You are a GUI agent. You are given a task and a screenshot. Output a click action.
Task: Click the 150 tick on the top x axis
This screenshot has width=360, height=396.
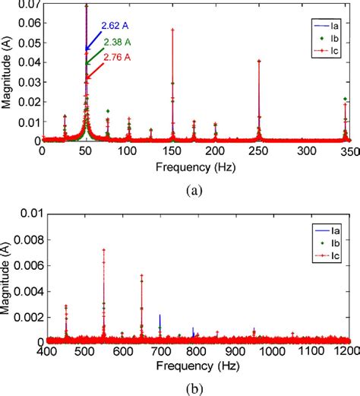click(172, 151)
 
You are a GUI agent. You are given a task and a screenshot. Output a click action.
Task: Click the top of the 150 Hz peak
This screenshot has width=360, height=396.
click(172, 30)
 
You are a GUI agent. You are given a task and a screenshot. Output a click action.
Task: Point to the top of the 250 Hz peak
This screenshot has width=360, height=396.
click(260, 61)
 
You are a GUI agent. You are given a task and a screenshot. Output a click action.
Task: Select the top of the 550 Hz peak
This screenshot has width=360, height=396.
click(103, 249)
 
